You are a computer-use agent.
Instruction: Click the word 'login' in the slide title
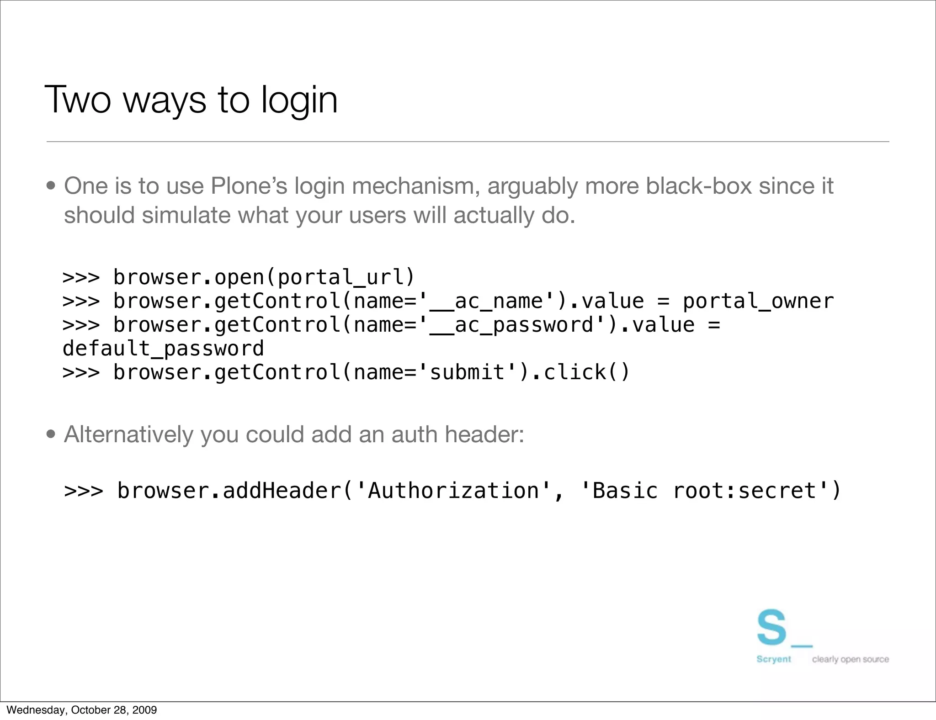tap(299, 101)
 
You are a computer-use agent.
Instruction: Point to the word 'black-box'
tap(699, 186)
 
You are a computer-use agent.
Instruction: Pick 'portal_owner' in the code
tap(758, 301)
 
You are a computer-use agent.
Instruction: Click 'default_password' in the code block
tap(163, 349)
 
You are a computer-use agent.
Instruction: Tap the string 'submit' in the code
tap(468, 372)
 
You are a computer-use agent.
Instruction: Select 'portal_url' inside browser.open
tap(340, 277)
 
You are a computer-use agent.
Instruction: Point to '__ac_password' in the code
tap(511, 325)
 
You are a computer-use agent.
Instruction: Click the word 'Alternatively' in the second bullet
tap(128, 434)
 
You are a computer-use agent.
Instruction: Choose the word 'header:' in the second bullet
tap(484, 434)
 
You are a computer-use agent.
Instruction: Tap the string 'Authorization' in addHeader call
tap(454, 491)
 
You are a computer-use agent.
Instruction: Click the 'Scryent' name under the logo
tap(773, 659)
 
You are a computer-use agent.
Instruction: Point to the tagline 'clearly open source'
tap(850, 659)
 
